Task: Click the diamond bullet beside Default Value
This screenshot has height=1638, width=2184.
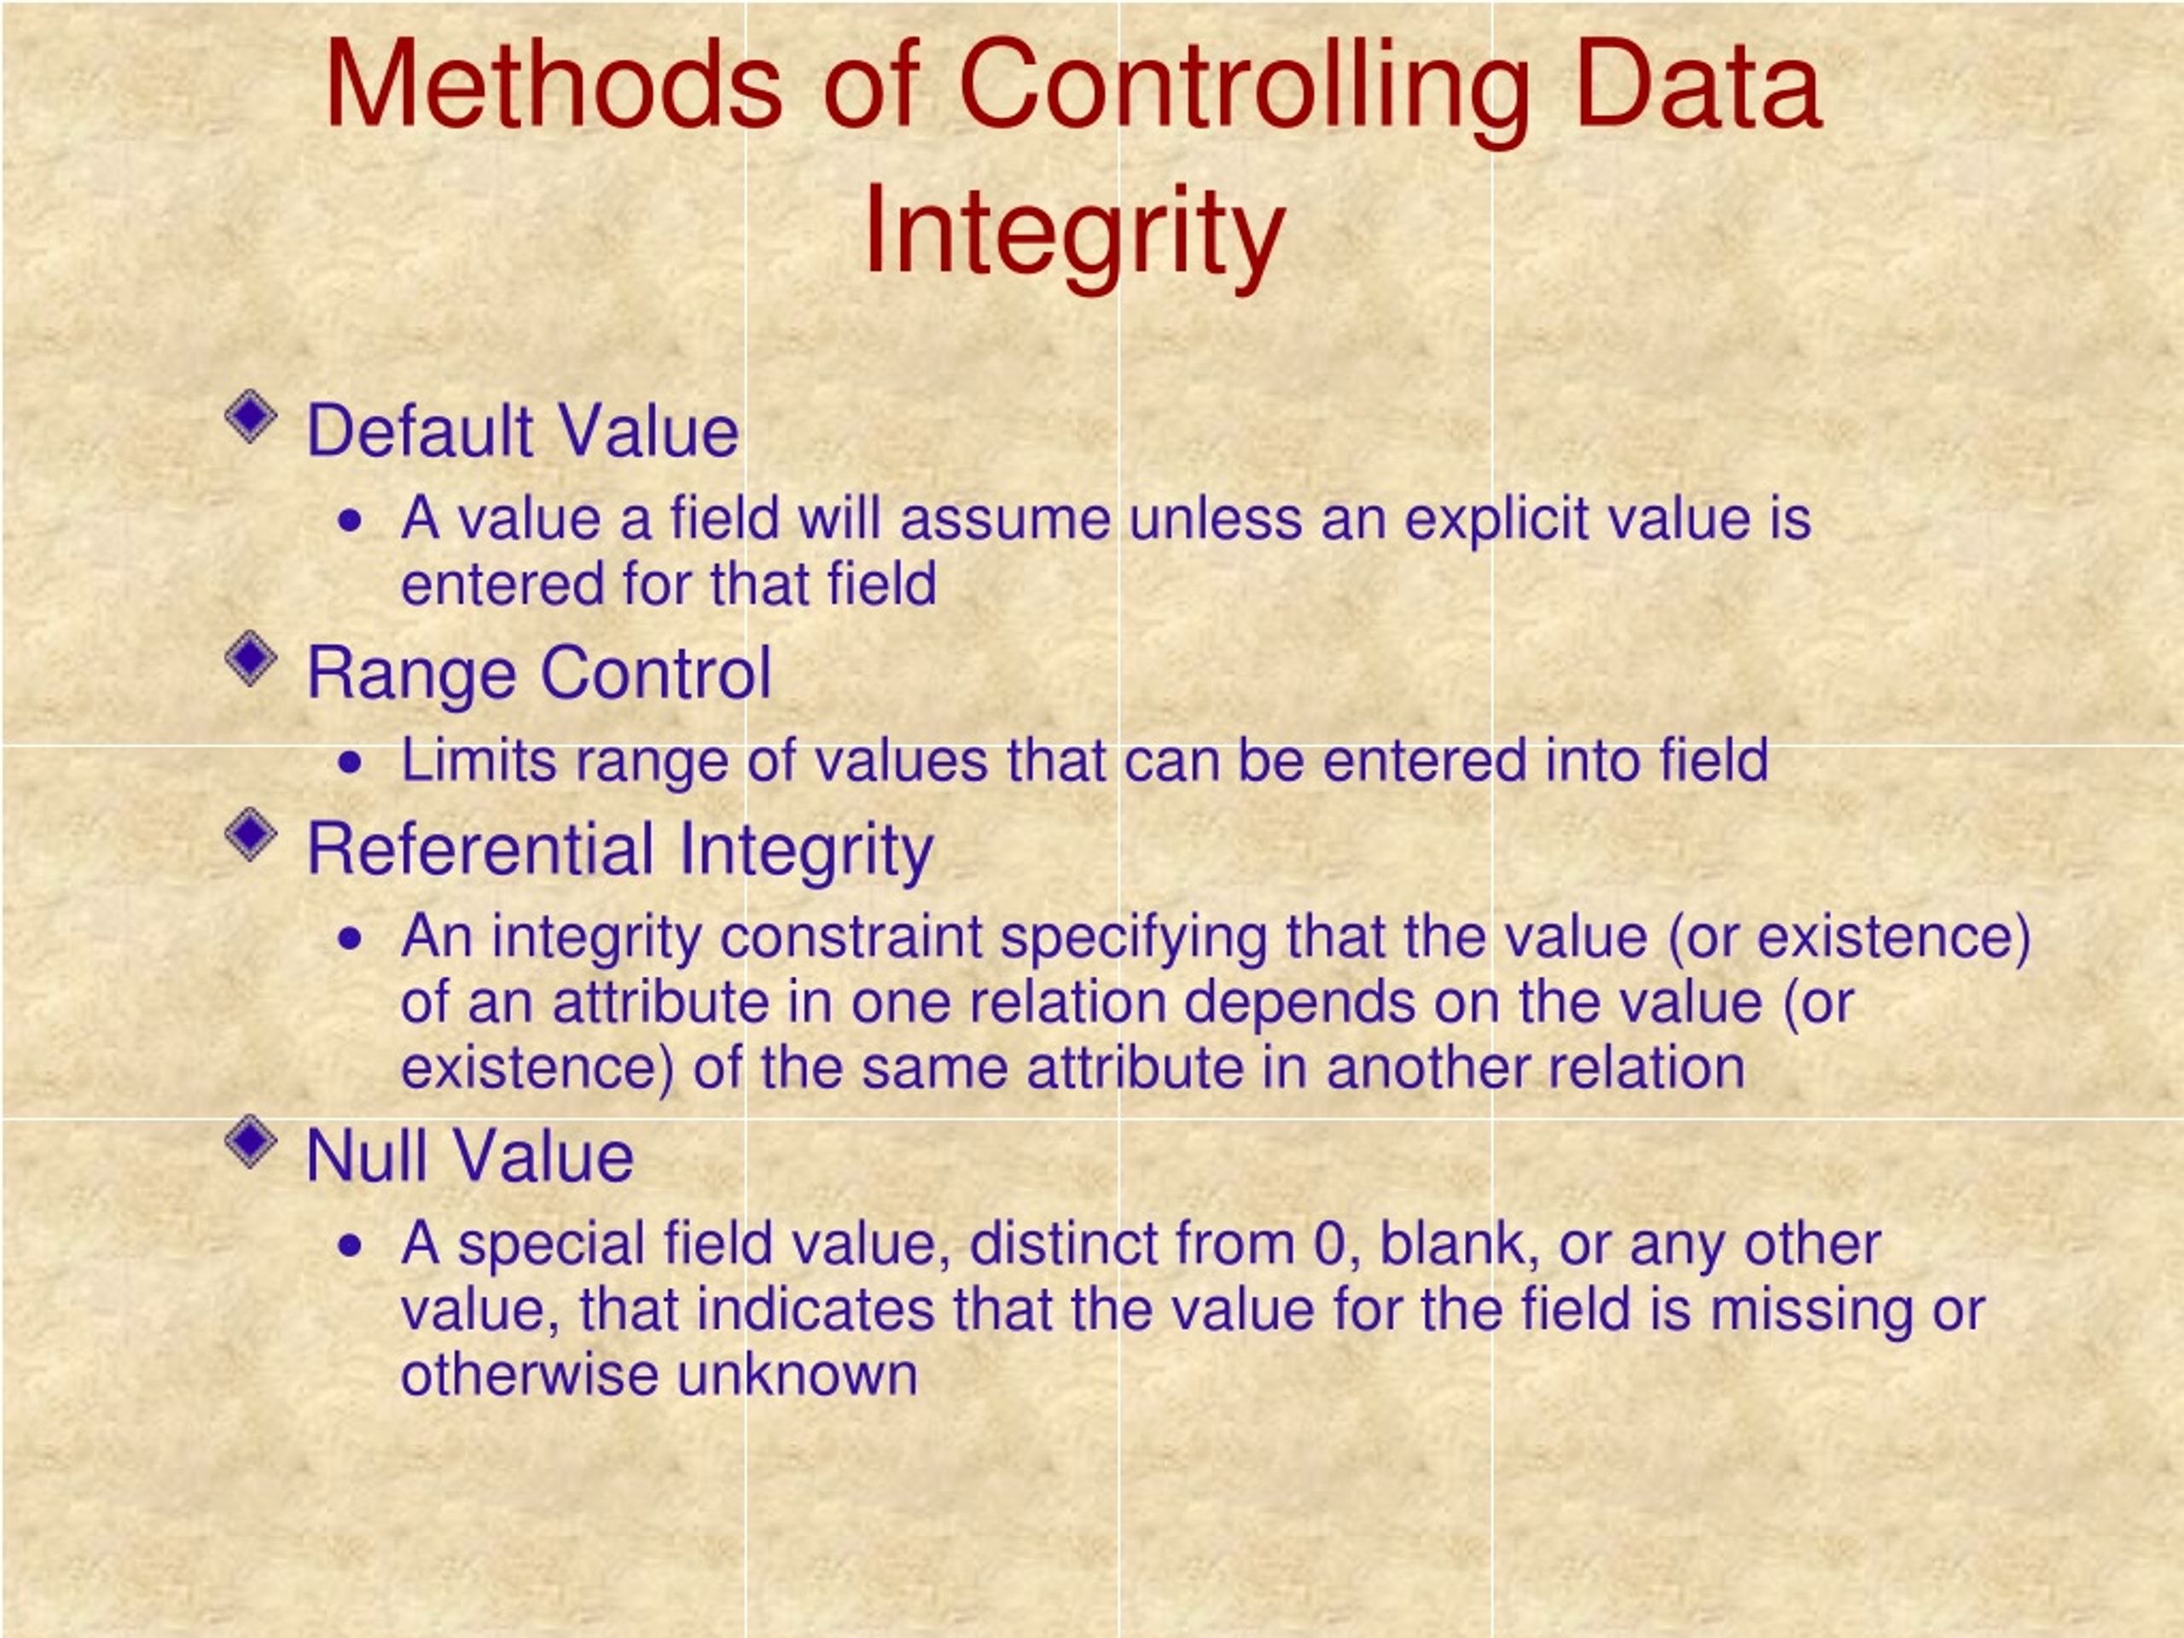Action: point(252,416)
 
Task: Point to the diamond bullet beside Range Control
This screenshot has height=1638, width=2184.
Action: point(252,659)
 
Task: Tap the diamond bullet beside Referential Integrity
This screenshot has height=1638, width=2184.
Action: point(252,835)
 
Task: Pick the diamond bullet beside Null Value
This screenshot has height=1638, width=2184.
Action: point(252,1142)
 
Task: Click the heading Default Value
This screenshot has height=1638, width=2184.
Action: point(522,432)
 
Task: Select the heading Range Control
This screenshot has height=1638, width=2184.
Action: point(539,673)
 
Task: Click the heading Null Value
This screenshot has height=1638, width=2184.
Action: point(470,1157)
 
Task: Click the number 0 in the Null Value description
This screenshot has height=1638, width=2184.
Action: point(1330,1245)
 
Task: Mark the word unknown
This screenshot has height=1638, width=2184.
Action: point(798,1375)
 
